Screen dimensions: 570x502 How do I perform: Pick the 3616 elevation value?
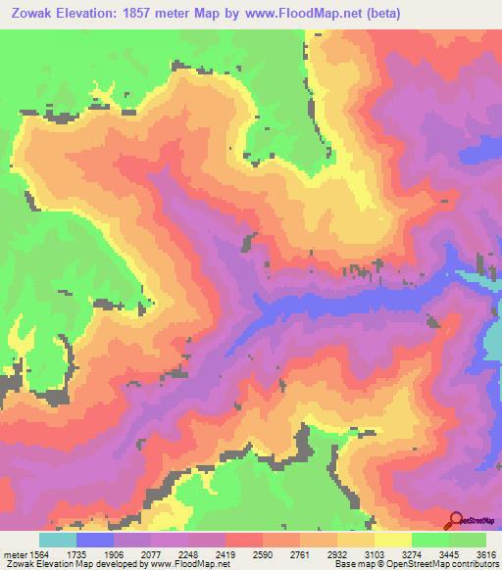click(x=485, y=553)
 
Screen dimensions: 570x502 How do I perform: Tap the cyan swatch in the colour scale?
click(x=58, y=540)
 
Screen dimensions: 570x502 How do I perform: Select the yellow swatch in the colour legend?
click(x=392, y=540)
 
